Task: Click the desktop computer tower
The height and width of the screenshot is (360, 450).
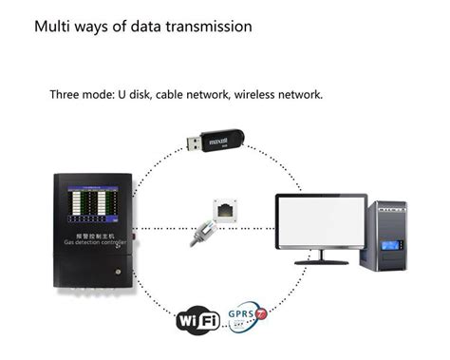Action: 389,234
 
